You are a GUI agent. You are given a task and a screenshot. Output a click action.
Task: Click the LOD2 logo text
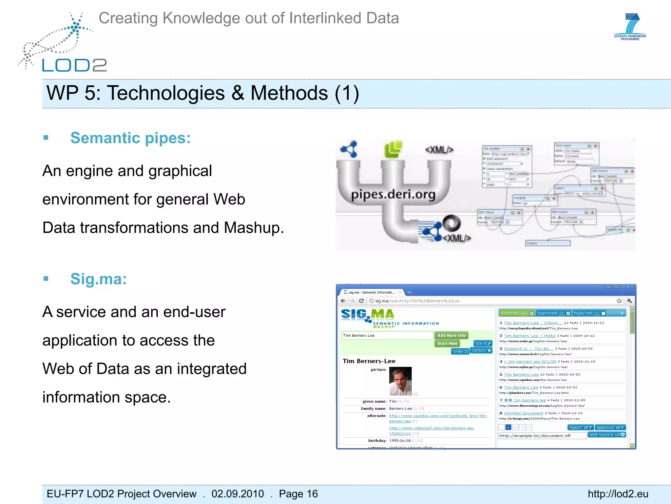point(74,65)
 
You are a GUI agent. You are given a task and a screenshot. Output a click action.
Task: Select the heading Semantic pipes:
point(130,138)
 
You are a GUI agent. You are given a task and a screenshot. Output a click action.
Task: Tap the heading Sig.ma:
point(98,279)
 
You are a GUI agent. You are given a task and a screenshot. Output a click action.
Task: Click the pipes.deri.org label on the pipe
point(393,195)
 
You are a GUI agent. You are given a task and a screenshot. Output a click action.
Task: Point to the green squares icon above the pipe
point(393,149)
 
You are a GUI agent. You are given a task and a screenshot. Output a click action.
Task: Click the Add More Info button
point(451,335)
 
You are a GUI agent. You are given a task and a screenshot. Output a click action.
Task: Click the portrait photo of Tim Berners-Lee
point(400,381)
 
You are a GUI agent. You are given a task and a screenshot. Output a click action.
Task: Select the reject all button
point(580,427)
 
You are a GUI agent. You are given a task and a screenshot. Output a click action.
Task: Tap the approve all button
point(610,427)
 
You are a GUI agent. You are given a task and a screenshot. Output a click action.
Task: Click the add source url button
point(607,435)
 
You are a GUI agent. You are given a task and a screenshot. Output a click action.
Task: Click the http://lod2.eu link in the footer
point(618,494)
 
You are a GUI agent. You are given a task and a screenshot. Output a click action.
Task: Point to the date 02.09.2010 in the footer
point(238,494)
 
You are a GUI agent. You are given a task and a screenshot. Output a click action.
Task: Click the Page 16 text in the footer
point(298,494)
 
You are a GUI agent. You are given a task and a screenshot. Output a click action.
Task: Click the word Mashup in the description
point(253,228)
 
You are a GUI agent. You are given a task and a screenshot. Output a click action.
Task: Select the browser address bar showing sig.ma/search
point(491,301)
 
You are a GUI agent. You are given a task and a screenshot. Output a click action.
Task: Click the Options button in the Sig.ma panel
point(481,350)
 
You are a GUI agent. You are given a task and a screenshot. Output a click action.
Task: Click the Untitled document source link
point(523,413)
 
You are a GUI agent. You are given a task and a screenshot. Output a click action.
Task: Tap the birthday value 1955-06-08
point(400,441)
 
